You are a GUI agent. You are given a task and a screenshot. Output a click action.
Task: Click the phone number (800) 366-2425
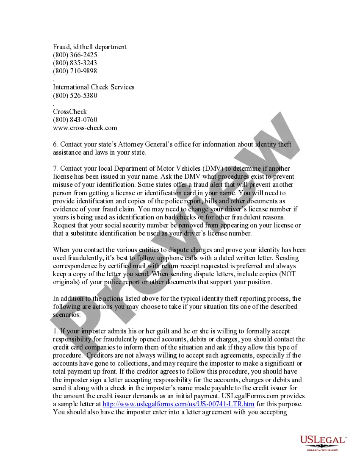pos(75,55)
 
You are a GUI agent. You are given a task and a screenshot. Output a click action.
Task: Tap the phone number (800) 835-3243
pos(75,63)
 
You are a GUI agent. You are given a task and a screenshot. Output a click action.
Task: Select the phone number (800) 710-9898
pos(75,71)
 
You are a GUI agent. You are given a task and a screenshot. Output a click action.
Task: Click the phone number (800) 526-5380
pos(75,96)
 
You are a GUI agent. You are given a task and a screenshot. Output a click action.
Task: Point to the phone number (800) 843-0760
pos(75,120)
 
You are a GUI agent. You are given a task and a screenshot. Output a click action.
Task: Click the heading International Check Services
pos(94,87)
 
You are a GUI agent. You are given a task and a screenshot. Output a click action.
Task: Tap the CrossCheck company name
pos(70,112)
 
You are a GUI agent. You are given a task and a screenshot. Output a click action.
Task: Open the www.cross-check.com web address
pos(85,128)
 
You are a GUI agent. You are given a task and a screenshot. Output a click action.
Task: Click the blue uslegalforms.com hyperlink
pos(179,404)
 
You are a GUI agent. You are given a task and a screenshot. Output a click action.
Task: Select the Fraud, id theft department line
pos(90,47)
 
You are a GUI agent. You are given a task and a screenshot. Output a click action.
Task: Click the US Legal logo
pos(323,442)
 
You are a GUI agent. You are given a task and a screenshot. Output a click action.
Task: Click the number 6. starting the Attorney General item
pos(55,144)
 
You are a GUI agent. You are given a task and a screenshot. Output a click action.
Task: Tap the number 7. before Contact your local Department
pos(55,169)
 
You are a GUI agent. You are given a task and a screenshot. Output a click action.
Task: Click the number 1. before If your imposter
pos(55,331)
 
